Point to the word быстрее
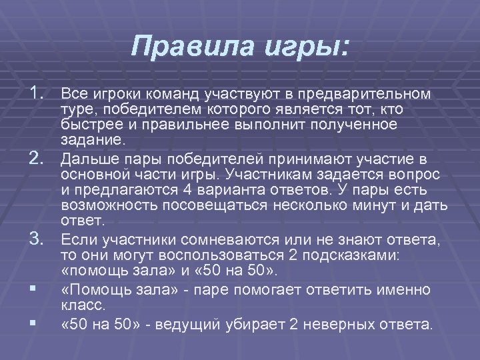(x=85, y=125)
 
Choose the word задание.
(x=91, y=141)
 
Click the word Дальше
(x=84, y=158)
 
